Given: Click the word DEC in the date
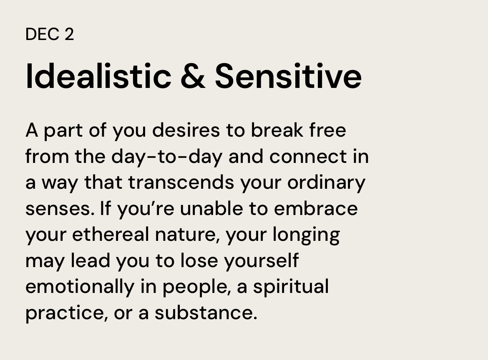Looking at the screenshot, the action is [43, 34].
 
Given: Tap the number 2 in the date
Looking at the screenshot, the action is [69, 34].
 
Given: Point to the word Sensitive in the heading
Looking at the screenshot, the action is [288, 76].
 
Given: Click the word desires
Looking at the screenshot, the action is [186, 130].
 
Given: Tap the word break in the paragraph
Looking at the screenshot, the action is [277, 130].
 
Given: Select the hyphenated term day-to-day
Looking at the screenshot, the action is [167, 157].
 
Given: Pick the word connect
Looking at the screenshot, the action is [308, 156].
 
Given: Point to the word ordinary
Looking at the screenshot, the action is [327, 183].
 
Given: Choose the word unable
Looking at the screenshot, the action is [211, 208].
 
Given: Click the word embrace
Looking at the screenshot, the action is [316, 208].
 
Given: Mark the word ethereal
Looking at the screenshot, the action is [111, 235].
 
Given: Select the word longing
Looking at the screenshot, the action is [306, 235].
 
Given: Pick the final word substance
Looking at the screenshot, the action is [206, 313].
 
